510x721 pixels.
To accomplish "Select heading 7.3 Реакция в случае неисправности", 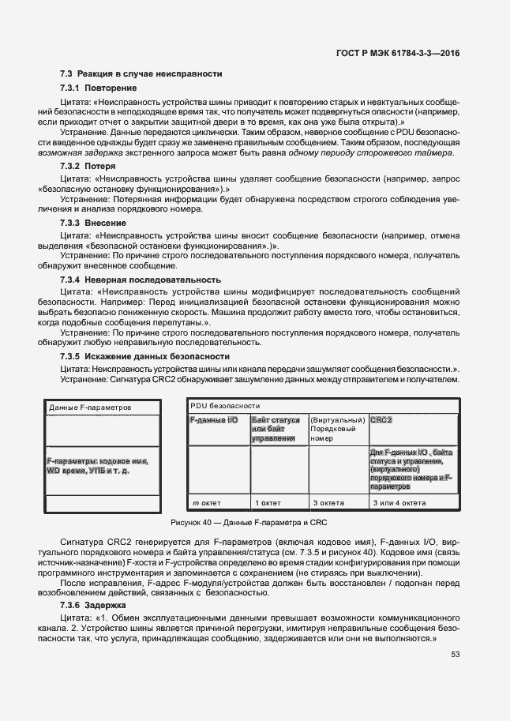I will click(x=141, y=73).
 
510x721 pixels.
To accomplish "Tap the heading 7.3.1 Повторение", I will click(x=99, y=88).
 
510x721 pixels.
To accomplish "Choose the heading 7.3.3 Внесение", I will click(x=93, y=223).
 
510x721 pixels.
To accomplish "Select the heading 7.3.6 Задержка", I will click(x=92, y=604).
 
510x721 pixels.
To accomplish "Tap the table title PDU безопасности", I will click(x=224, y=405).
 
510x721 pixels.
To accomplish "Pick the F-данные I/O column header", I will click(x=214, y=420).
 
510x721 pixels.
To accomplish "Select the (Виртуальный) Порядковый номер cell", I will click(x=337, y=428).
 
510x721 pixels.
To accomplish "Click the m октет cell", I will click(x=207, y=502).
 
